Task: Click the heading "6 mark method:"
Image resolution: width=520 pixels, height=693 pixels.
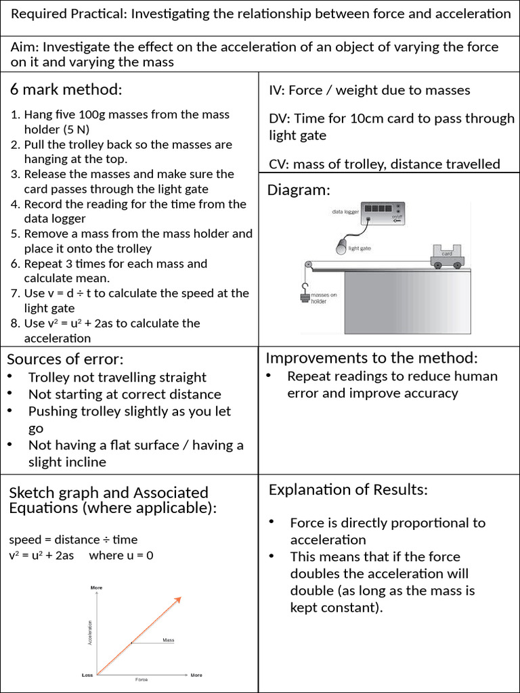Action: point(66,90)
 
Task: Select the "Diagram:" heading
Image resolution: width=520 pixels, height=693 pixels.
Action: point(299,189)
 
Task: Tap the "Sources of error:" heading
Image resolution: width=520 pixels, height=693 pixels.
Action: point(65,359)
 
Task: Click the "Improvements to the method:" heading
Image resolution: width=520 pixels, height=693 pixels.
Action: point(372,357)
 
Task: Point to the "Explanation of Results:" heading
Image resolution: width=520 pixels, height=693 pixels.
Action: point(348,489)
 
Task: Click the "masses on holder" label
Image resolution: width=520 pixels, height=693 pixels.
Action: point(324,298)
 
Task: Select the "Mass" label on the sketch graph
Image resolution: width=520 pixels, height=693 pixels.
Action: point(168,640)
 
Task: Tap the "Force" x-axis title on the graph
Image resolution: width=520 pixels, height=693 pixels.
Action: point(142,679)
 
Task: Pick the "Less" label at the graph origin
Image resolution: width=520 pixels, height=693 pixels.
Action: point(87,675)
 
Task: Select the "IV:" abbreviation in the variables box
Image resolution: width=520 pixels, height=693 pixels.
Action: point(276,90)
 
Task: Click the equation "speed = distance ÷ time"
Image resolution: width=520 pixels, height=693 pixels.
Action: point(73,539)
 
